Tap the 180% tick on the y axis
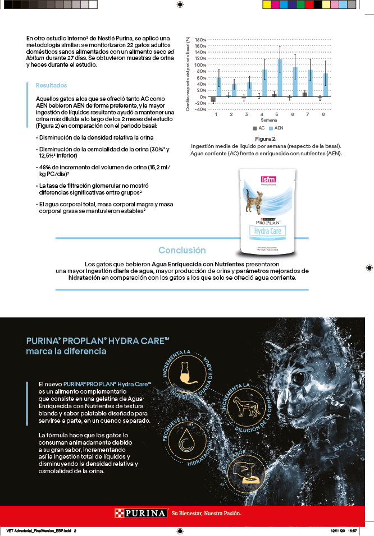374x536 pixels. (x=200, y=40)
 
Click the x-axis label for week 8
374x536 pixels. (x=323, y=114)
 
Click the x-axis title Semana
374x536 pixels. (x=268, y=120)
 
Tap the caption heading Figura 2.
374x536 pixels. (x=266, y=138)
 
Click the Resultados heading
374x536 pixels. (x=51, y=85)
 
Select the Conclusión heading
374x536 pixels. (x=182, y=250)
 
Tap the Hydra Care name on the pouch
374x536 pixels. (x=268, y=231)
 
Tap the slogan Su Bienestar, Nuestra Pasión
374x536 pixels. (x=206, y=513)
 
